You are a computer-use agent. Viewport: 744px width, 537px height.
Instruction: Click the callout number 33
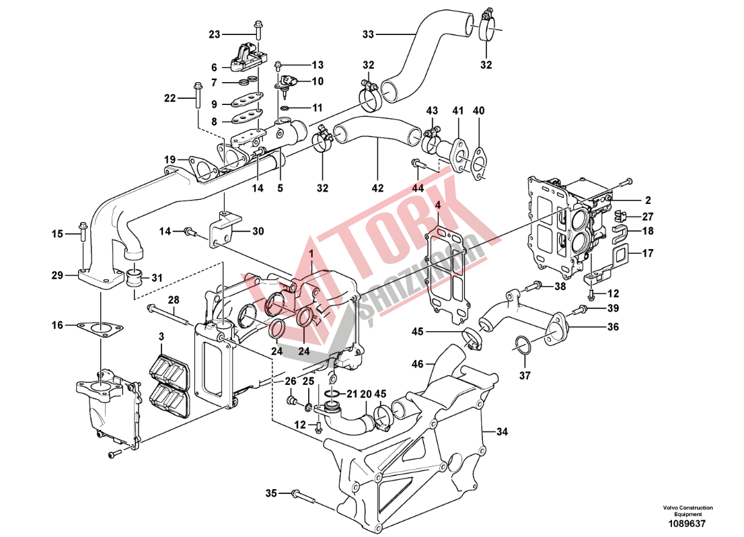point(367,33)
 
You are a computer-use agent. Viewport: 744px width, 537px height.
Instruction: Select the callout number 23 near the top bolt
point(214,34)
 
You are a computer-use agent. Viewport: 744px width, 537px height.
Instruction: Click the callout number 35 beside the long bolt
point(270,494)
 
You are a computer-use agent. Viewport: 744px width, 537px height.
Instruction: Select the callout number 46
point(418,364)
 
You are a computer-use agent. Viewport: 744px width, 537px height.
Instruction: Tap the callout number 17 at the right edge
point(648,254)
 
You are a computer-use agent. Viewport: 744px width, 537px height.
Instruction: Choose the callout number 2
point(648,201)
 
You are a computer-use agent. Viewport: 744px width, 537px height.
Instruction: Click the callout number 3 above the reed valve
point(161,336)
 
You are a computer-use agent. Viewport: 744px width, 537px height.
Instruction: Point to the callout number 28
point(174,299)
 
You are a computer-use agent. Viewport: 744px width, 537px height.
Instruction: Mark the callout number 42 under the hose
point(378,188)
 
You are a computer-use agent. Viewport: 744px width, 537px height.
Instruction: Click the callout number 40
point(478,110)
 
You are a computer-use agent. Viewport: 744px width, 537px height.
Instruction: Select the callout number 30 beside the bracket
point(258,231)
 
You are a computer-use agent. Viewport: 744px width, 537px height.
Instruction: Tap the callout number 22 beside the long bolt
point(170,98)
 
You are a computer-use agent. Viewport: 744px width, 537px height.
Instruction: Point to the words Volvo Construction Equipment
point(687,511)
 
